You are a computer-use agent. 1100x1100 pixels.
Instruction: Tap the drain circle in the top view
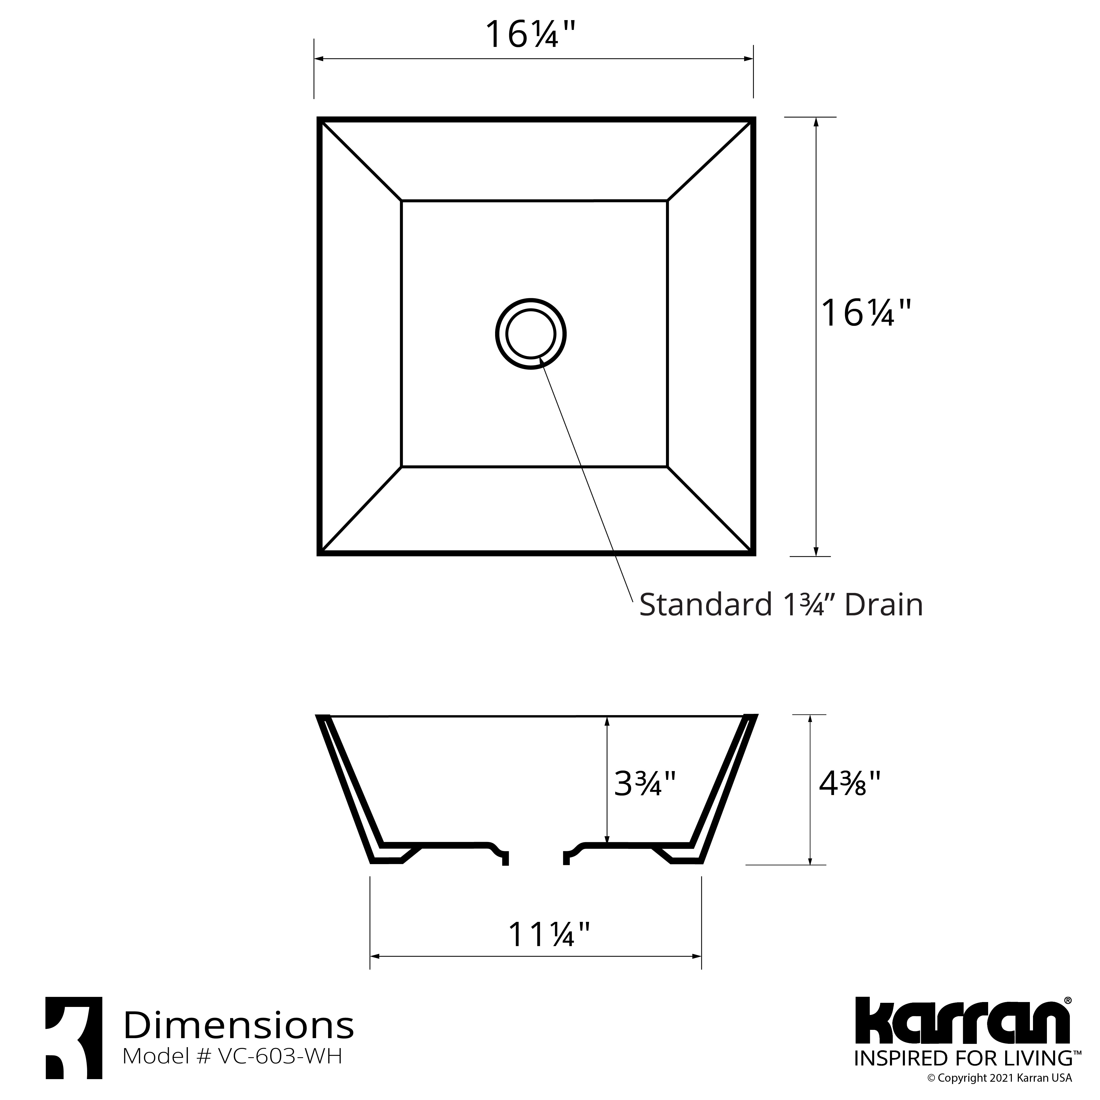click(x=531, y=334)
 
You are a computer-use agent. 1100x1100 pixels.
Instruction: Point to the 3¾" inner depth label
click(x=645, y=783)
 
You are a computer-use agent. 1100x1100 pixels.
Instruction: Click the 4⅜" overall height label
click(x=849, y=783)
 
